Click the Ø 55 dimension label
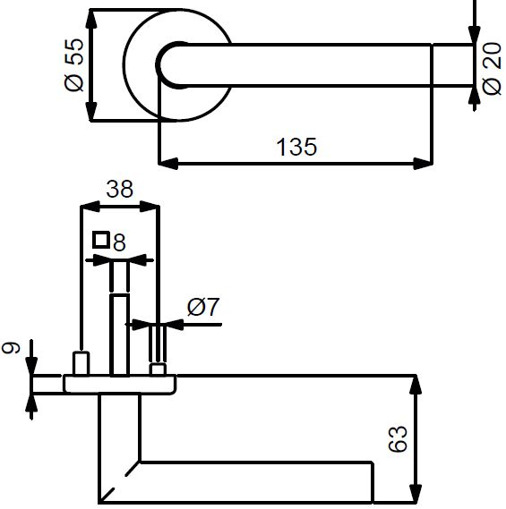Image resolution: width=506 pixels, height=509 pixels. coord(74,65)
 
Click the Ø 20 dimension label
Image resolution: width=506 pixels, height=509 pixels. coord(492,69)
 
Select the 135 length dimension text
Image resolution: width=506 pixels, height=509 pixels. coord(296,147)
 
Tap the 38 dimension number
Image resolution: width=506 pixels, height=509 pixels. coord(120,189)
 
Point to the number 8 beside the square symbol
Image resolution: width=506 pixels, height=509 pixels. coord(119,242)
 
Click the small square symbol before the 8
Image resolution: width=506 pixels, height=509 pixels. coord(100,241)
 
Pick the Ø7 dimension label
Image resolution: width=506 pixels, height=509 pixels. coord(203,307)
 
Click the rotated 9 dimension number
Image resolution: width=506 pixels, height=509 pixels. coord(11,348)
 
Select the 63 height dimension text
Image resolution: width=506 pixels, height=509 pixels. coord(398,438)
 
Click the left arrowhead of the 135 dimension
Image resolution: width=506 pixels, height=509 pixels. coord(168,164)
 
